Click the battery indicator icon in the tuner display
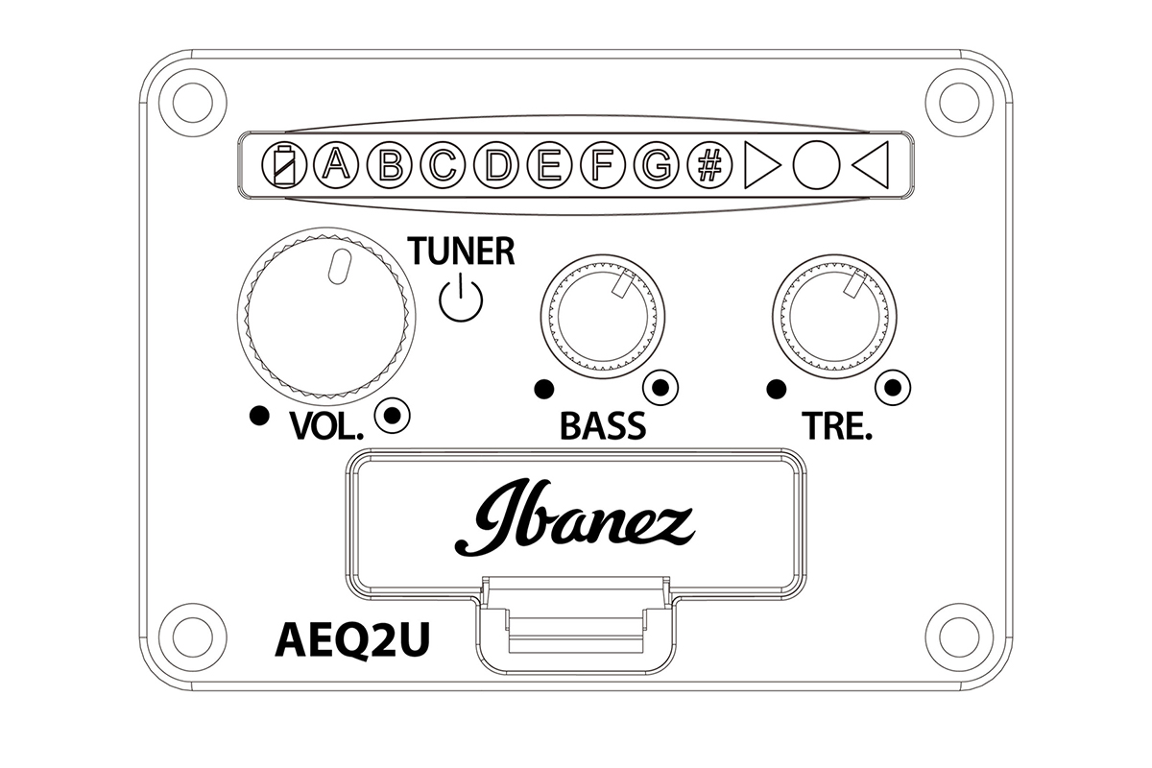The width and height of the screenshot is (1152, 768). [x=284, y=165]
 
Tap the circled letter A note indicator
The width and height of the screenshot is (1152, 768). [x=336, y=164]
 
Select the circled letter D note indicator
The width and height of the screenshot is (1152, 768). [x=496, y=164]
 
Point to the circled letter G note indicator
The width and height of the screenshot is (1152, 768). [x=657, y=164]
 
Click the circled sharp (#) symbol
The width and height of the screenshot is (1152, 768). [x=709, y=164]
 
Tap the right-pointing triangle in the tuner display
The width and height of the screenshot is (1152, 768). [x=762, y=164]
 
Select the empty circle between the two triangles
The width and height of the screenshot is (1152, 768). [x=816, y=164]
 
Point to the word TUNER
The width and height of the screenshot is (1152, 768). [x=461, y=251]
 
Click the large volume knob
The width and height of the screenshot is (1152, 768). [x=326, y=316]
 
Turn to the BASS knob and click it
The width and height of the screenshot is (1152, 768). [x=603, y=317]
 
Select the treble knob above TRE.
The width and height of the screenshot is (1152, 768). [x=834, y=317]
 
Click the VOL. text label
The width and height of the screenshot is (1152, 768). [x=326, y=426]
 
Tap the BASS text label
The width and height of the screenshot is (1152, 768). [x=603, y=425]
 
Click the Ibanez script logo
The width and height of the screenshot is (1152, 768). [x=575, y=517]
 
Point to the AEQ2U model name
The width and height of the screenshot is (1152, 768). [x=352, y=640]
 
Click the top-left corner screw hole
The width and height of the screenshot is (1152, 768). [x=193, y=103]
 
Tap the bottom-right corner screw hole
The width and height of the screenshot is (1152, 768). [x=959, y=636]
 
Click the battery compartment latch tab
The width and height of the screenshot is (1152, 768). [x=576, y=625]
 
